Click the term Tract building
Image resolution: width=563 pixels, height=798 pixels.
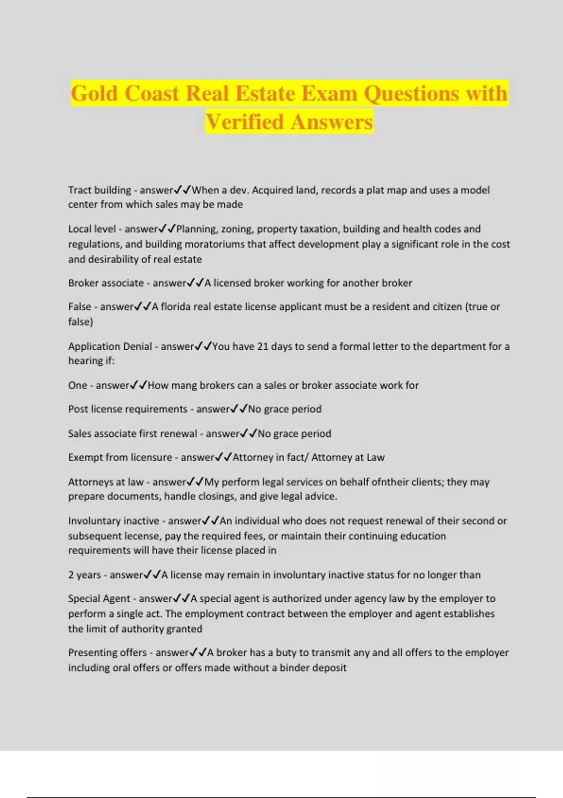point(99,190)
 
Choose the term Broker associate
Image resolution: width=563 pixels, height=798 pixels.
point(106,283)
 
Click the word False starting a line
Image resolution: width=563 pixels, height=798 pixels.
point(80,307)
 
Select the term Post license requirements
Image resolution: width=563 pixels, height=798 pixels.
point(128,409)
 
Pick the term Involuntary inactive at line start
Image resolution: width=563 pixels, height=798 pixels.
point(114,521)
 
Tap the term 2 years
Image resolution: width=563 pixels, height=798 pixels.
point(84,575)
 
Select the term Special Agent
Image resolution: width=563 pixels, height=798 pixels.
point(99,599)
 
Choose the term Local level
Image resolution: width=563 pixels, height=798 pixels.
point(92,229)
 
